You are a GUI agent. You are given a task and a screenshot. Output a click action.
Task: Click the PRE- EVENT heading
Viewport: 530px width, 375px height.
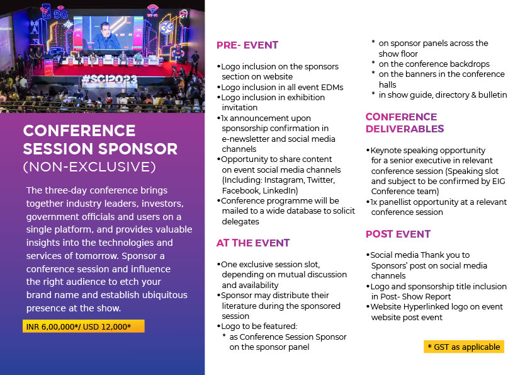tap(247, 45)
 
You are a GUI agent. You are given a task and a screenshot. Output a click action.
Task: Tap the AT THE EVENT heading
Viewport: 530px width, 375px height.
tap(253, 243)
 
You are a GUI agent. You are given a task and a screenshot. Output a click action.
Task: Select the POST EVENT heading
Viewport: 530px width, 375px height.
tap(398, 234)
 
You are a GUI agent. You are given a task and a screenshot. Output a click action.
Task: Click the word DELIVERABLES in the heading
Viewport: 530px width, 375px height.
tap(405, 129)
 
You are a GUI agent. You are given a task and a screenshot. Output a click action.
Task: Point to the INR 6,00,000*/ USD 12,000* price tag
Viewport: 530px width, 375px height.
tap(84, 326)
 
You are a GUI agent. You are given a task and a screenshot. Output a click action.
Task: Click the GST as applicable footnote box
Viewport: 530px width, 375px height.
tap(464, 347)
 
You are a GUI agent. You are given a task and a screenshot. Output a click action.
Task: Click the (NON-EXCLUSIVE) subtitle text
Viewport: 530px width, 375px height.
tap(89, 167)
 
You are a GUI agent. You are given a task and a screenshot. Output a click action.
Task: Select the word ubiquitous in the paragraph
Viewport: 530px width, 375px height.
tap(165, 295)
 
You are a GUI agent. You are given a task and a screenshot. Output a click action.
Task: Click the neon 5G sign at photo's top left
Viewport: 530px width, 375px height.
tap(61, 14)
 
